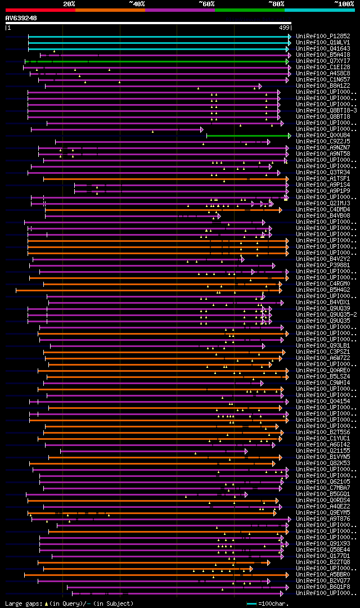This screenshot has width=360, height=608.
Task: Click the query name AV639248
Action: pyautogui.click(x=21, y=18)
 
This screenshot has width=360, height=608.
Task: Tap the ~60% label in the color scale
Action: pyautogui.click(x=206, y=4)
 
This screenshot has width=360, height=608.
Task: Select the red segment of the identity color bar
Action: pyautogui.click(x=40, y=10)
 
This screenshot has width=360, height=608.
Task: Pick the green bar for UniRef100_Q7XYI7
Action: pyautogui.click(x=157, y=61)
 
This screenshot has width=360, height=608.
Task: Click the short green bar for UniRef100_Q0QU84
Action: pyautogui.click(x=247, y=136)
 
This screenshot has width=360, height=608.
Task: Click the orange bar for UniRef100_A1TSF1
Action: pyautogui.click(x=163, y=179)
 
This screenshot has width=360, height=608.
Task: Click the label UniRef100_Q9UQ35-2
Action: pyautogui.click(x=326, y=314)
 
